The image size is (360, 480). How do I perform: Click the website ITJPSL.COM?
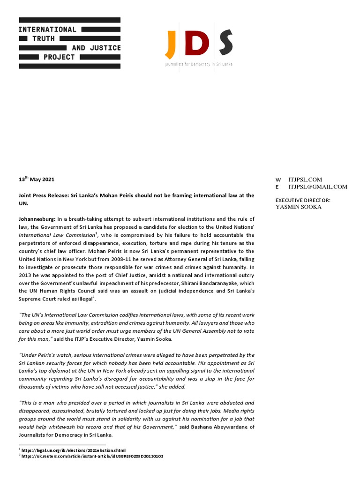click(305, 180)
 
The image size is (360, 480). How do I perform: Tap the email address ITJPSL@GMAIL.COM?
click(318, 187)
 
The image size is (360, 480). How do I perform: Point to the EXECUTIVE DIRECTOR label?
click(303, 200)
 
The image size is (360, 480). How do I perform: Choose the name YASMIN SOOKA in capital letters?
click(298, 207)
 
